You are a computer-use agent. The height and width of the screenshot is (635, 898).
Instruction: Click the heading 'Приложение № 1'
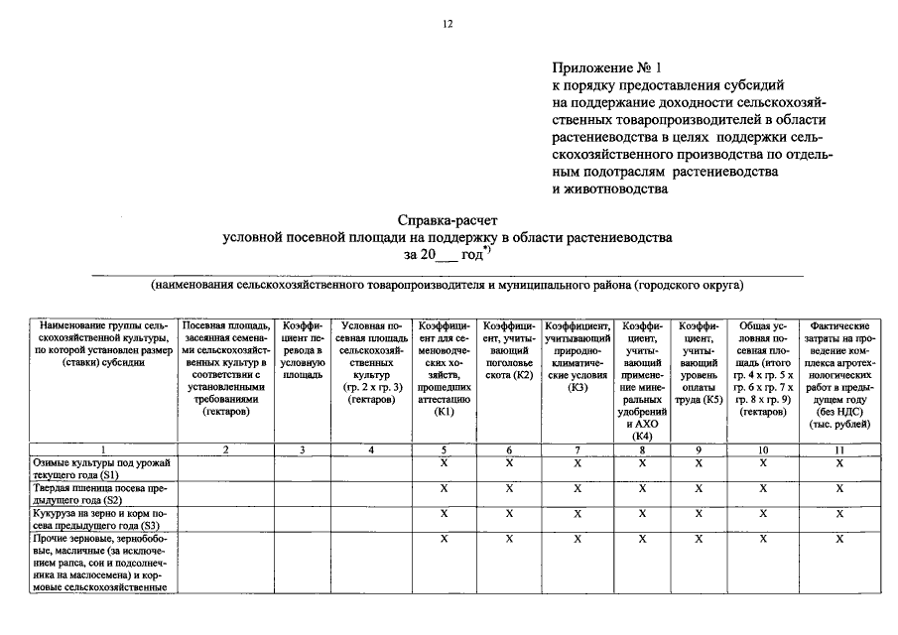click(606, 68)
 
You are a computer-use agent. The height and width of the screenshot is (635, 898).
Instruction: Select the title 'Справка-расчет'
click(448, 220)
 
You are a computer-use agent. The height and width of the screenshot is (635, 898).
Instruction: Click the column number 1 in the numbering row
click(101, 450)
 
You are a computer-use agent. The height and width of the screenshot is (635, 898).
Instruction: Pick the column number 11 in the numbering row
click(839, 450)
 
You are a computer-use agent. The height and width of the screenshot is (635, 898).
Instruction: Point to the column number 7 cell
click(577, 450)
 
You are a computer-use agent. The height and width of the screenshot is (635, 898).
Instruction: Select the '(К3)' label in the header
click(577, 388)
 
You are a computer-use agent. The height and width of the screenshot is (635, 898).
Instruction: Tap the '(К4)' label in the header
click(642, 436)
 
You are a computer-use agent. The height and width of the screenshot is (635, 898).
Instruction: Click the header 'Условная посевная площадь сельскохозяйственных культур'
click(371, 363)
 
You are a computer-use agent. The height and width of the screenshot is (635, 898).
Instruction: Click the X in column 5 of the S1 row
click(445, 463)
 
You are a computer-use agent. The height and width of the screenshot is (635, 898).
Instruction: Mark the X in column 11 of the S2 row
click(839, 488)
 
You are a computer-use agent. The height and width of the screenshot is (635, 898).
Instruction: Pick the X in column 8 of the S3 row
click(642, 513)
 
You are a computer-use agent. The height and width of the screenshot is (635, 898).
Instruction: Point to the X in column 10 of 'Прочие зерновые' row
click(763, 538)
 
